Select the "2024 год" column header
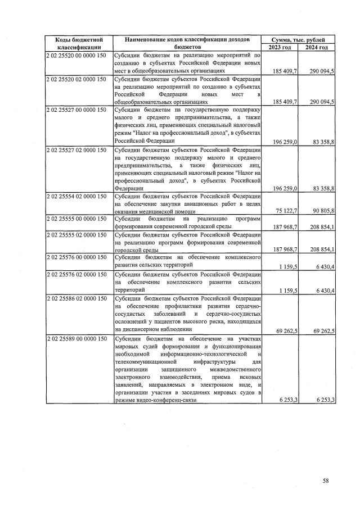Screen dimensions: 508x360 click(x=317, y=47)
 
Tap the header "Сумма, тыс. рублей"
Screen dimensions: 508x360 click(x=298, y=39)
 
